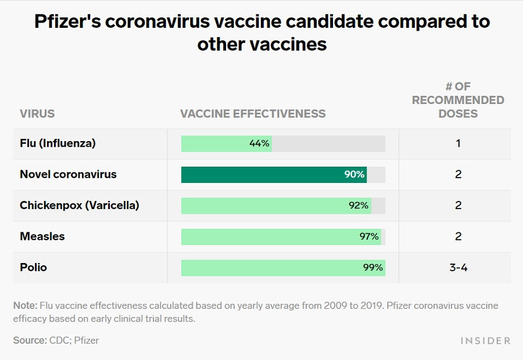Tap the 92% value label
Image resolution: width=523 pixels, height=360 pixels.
(359, 206)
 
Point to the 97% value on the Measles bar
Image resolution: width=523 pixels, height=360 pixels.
(368, 236)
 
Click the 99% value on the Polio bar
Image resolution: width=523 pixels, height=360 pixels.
(372, 268)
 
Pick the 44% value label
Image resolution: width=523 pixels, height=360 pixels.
(259, 143)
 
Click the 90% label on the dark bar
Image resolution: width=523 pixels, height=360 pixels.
(354, 175)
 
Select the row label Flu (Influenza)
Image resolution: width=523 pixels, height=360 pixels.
(58, 143)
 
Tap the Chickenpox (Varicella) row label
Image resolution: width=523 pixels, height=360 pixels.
(80, 206)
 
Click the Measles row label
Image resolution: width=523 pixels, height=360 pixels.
(42, 236)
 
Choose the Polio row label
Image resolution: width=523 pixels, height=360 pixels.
(34, 268)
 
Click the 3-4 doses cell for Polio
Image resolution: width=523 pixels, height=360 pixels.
(458, 268)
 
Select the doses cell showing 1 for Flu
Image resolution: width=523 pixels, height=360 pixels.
(458, 143)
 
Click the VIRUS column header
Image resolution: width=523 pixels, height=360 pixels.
(37, 114)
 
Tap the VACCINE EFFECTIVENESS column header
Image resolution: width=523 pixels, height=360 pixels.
(253, 114)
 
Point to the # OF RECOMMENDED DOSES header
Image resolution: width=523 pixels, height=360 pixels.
(458, 100)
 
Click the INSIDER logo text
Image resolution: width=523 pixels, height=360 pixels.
(486, 341)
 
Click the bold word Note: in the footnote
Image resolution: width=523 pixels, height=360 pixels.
(26, 306)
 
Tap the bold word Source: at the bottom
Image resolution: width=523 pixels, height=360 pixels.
(30, 340)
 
